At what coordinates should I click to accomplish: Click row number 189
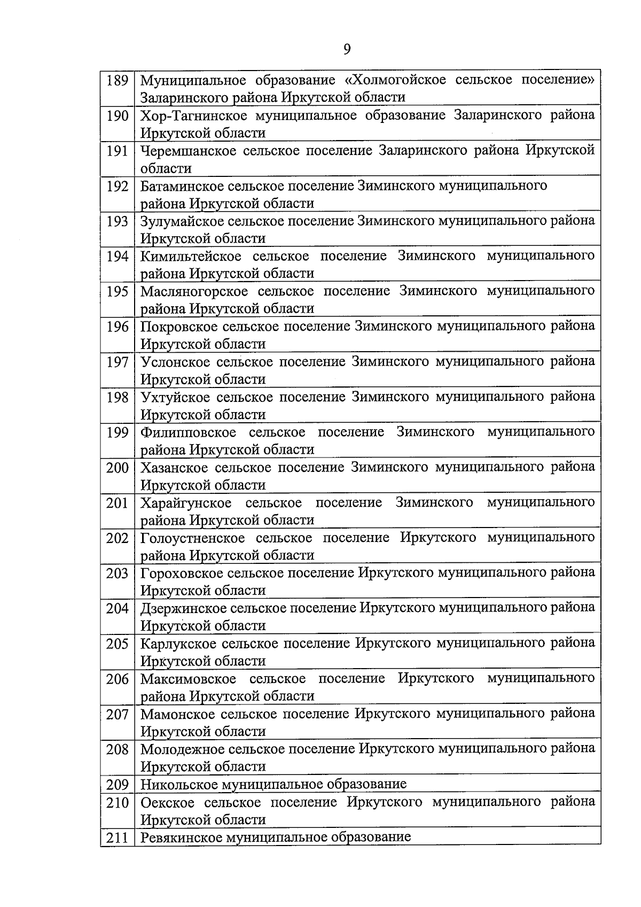click(x=117, y=81)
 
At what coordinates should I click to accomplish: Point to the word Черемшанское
click(x=188, y=151)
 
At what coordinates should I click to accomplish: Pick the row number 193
click(x=117, y=221)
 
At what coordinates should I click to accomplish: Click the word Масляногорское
click(x=194, y=292)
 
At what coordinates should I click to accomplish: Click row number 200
click(x=117, y=468)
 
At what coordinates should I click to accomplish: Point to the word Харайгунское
click(x=186, y=503)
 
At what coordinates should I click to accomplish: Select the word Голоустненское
click(x=192, y=538)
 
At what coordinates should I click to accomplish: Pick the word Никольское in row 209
click(x=178, y=785)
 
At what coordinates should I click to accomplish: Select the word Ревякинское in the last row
click(x=181, y=837)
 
